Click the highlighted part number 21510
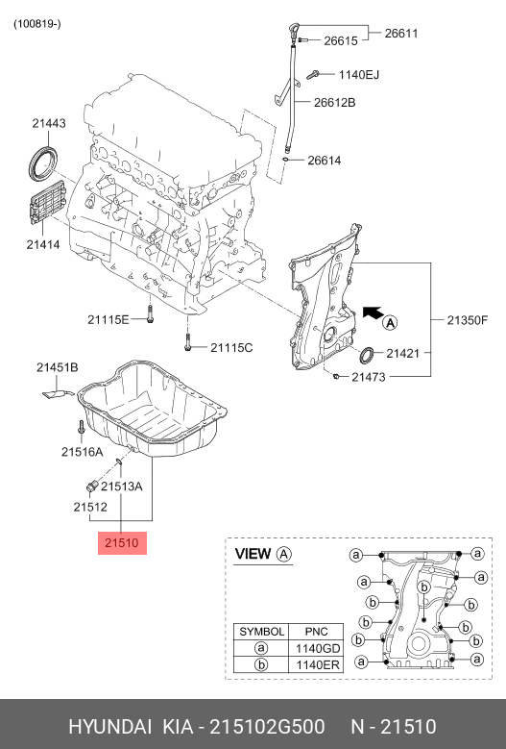122,542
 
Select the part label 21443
49,123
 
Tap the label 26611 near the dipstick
401,33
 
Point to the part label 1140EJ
359,75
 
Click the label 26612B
334,102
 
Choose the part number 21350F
468,319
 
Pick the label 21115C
231,348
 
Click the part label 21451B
58,367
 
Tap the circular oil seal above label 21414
42,164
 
